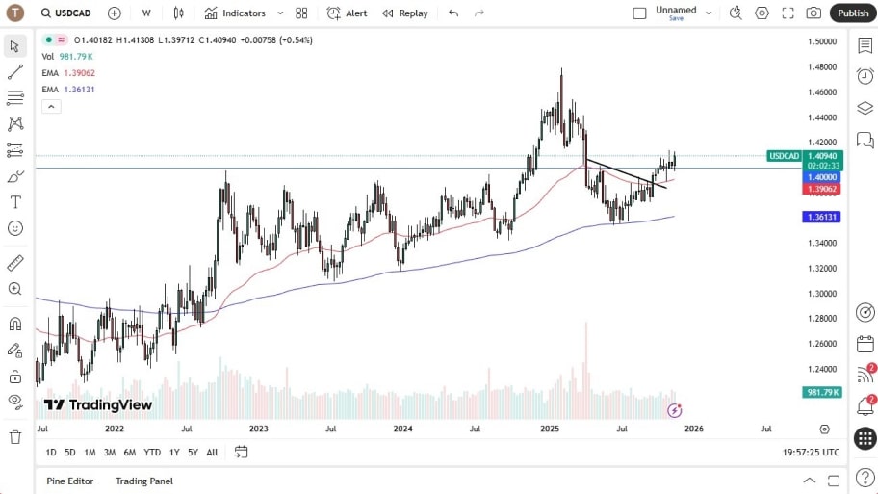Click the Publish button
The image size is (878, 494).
(x=853, y=13)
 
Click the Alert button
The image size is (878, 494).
(x=348, y=13)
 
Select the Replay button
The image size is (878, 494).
(x=405, y=13)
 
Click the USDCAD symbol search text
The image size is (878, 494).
(x=73, y=13)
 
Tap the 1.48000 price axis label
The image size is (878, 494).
(x=821, y=67)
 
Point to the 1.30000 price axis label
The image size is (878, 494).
(x=821, y=294)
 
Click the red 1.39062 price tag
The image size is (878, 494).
(x=821, y=189)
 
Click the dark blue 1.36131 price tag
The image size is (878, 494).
(x=821, y=218)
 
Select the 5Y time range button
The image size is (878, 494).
(x=193, y=453)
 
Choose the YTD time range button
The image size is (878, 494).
(x=152, y=453)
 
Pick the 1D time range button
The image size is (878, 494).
(x=51, y=453)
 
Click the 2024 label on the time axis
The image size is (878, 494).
(x=402, y=429)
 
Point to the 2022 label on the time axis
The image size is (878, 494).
(x=115, y=429)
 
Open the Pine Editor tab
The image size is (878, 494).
(x=70, y=481)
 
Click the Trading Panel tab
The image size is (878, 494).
(x=144, y=481)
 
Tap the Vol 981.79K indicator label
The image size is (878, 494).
(x=67, y=57)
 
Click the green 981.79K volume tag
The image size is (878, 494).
(x=822, y=392)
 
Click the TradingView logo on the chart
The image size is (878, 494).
(x=98, y=405)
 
